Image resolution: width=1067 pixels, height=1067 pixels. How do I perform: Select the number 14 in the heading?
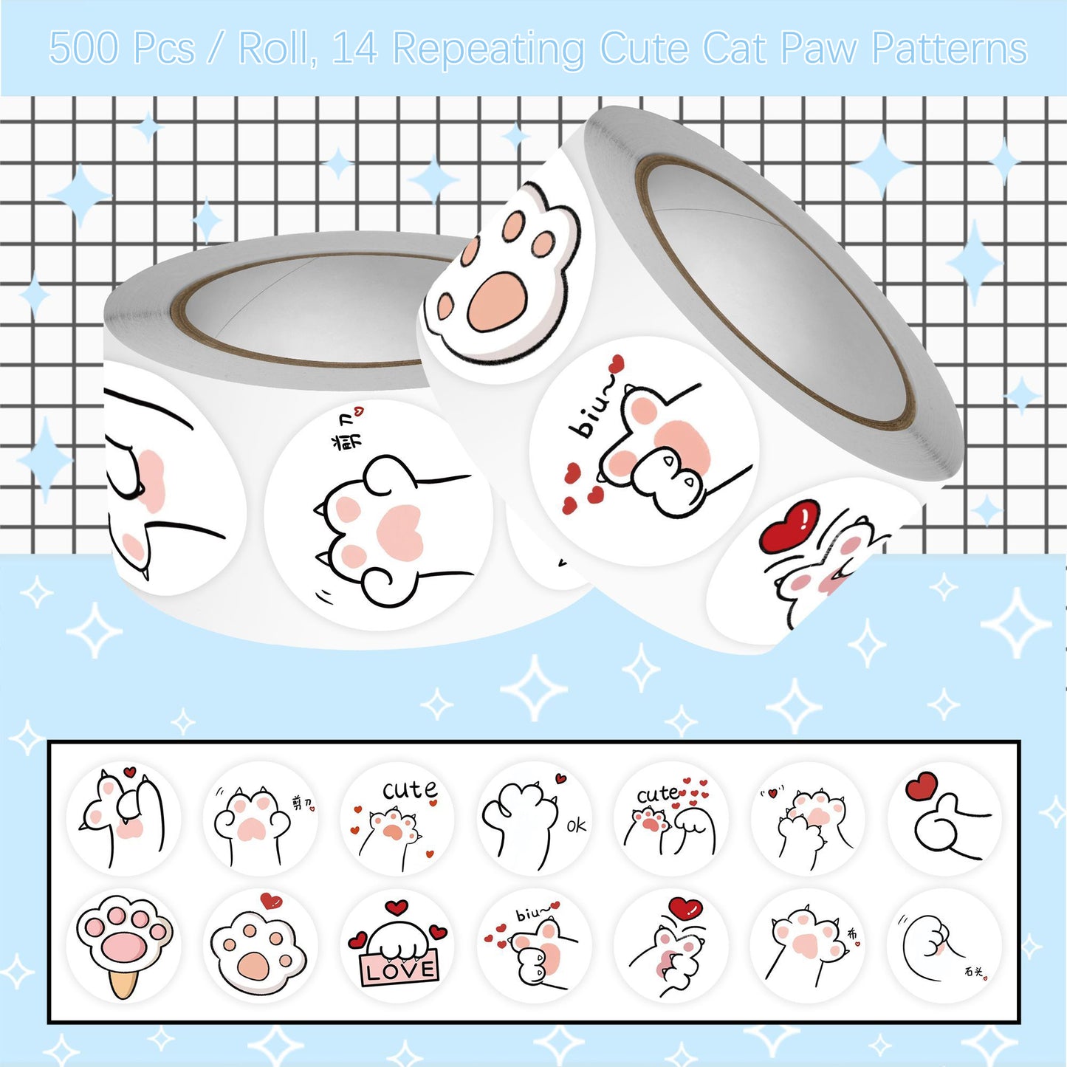[x=355, y=49]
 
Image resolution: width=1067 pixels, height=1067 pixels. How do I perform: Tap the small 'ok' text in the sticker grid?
[x=576, y=826]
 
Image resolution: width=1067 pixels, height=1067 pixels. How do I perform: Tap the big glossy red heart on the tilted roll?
[x=790, y=524]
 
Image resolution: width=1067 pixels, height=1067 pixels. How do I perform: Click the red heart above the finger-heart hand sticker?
[x=921, y=786]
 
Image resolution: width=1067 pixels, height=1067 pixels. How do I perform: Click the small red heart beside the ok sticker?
[x=560, y=778]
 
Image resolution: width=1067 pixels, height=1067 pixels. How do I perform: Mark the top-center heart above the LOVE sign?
[x=397, y=907]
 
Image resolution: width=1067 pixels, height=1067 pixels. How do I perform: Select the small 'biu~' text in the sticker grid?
[x=532, y=914]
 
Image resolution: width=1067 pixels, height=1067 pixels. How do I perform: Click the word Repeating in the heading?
[x=488, y=49]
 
